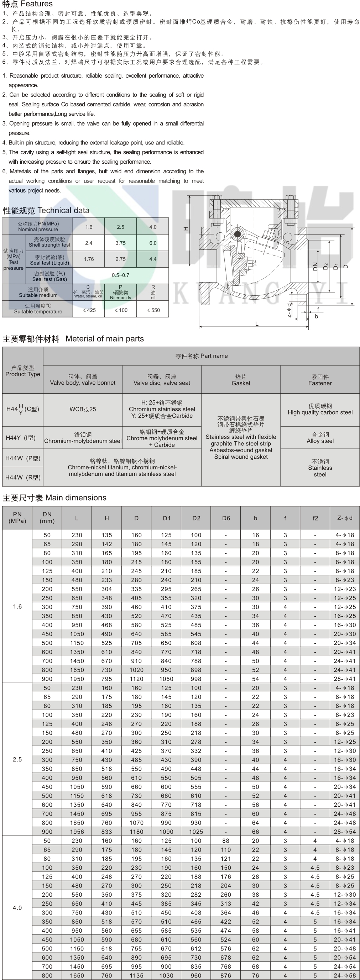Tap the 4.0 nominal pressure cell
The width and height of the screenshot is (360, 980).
tap(153, 227)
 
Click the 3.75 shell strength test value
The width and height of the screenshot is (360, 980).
tap(120, 243)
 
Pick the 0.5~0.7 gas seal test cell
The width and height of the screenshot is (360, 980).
tap(120, 275)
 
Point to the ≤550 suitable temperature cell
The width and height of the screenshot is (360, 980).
tap(153, 310)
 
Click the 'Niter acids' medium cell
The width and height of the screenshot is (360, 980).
tap(120, 293)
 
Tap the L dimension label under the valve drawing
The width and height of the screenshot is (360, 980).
tap(257, 324)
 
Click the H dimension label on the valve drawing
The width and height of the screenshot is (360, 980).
tap(186, 229)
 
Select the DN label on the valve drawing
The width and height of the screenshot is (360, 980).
tap(315, 267)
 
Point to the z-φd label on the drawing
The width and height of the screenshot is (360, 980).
tap(289, 310)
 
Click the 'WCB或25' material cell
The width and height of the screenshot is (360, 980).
tap(83, 409)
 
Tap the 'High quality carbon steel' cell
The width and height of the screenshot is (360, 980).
tap(320, 409)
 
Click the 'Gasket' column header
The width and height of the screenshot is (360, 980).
tap(241, 380)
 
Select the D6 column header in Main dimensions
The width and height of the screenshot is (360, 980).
tap(226, 518)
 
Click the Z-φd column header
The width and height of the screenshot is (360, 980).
tap(345, 518)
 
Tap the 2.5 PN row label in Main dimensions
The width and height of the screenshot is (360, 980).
tap(17, 759)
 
